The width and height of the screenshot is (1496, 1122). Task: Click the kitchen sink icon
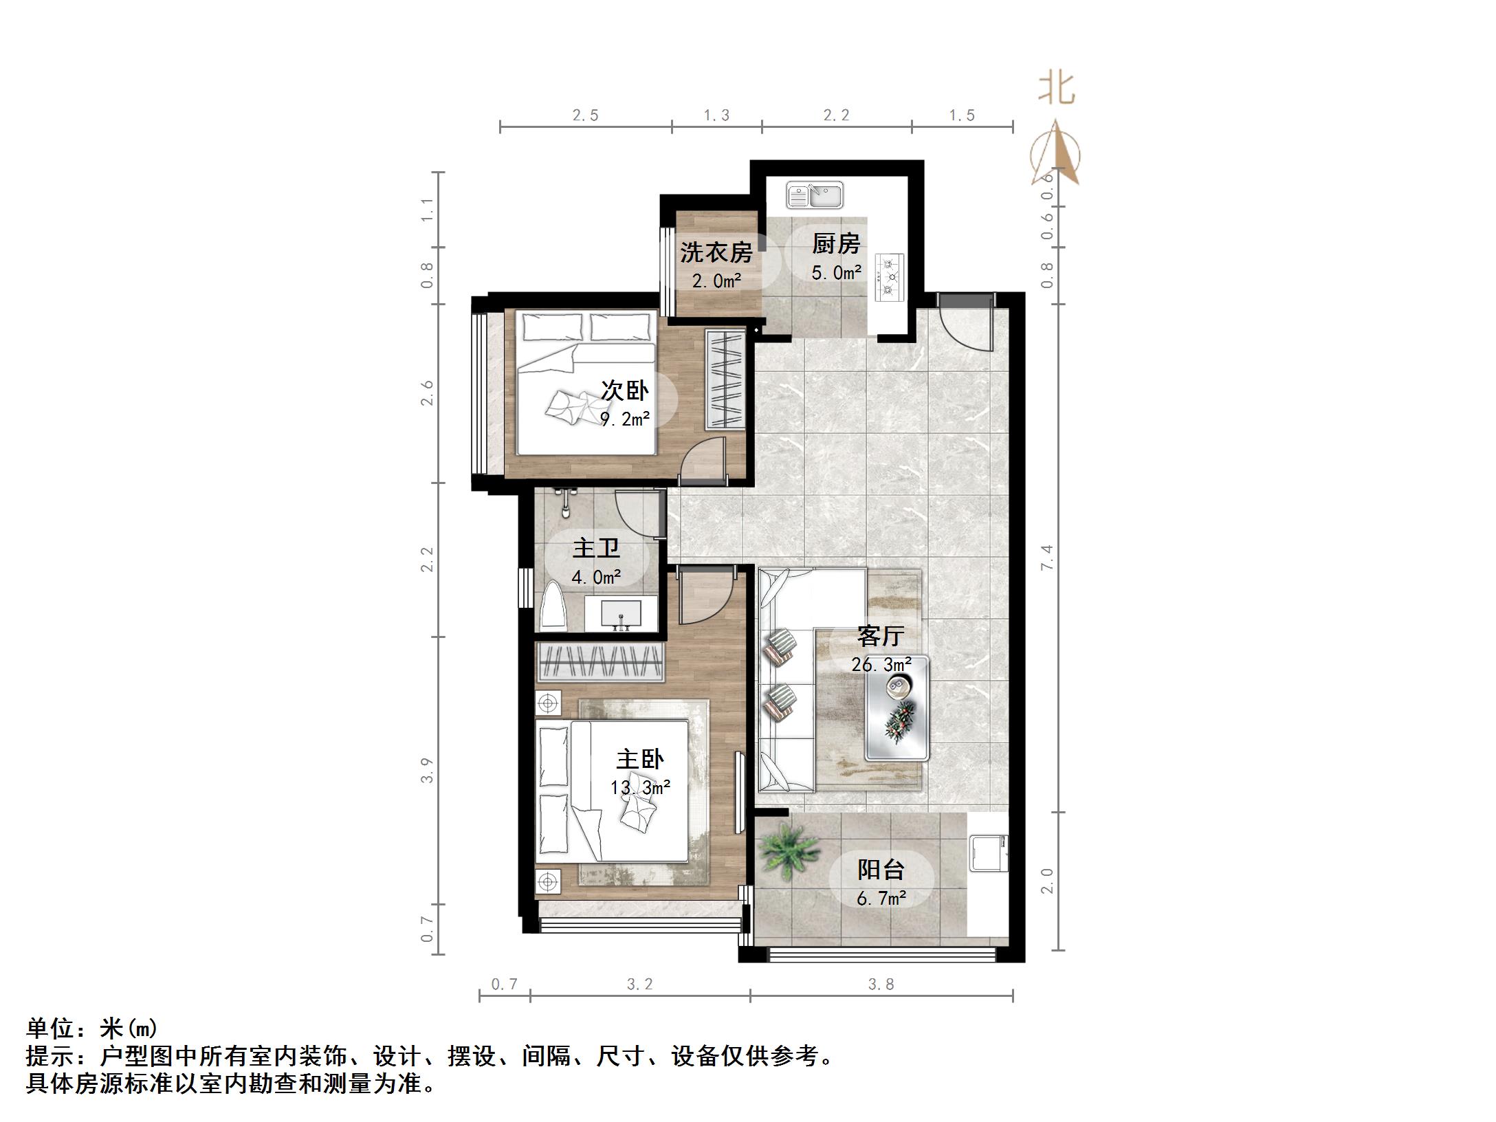(815, 195)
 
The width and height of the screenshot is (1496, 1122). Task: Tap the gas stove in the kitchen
(890, 277)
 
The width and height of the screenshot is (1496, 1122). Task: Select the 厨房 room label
(836, 244)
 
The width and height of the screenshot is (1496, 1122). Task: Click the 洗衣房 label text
(716, 252)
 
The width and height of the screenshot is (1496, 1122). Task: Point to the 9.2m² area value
(625, 419)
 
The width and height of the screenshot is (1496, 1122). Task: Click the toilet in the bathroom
(553, 607)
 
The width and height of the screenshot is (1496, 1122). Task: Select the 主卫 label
(596, 548)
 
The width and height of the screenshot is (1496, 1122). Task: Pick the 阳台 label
(881, 870)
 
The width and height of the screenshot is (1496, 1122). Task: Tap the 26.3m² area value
(881, 665)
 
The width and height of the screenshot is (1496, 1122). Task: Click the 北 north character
(1056, 89)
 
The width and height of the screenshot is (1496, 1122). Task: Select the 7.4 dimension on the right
(1047, 557)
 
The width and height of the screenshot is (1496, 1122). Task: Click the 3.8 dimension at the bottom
(881, 984)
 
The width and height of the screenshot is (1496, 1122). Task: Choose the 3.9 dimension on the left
(428, 770)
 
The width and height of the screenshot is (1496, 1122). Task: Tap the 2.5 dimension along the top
(585, 115)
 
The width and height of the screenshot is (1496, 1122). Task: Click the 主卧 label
(639, 759)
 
